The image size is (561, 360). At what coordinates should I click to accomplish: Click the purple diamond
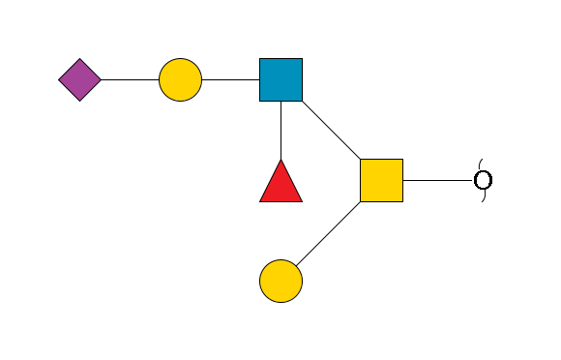(x=79, y=79)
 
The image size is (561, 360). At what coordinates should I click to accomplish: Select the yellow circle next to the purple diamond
(x=180, y=79)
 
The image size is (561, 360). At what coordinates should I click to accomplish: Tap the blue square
(x=280, y=79)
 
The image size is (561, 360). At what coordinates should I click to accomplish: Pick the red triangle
(x=280, y=184)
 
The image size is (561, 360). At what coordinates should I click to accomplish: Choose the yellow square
(x=381, y=180)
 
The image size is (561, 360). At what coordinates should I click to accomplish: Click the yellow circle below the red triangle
(x=280, y=281)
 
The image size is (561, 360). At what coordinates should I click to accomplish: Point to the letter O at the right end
(x=483, y=180)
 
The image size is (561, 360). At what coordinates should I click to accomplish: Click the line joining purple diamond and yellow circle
(x=130, y=79)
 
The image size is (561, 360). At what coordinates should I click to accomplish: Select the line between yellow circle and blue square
(x=230, y=79)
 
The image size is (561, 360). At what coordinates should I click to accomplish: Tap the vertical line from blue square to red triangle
(x=280, y=130)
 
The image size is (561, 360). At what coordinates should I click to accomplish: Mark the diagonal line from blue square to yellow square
(x=331, y=130)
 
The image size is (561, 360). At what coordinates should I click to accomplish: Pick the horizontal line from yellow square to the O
(x=437, y=180)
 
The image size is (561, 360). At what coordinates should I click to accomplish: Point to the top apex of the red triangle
(x=280, y=160)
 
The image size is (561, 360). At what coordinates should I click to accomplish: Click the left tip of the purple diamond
(x=59, y=79)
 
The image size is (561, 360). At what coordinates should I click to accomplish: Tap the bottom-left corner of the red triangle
(x=260, y=201)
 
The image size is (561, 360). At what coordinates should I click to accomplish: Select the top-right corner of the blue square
(x=302, y=59)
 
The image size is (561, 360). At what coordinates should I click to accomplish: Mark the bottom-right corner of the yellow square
(x=402, y=201)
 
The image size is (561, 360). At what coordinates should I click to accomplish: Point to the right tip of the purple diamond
(x=101, y=79)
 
